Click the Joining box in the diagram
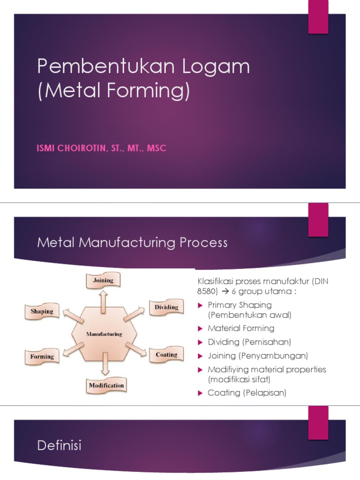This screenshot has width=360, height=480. click(103, 281)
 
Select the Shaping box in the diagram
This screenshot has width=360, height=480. click(42, 311)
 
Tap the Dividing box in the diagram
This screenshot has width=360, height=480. click(166, 307)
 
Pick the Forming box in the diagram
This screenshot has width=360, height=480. click(42, 357)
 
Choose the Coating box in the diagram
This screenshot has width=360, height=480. click(166, 355)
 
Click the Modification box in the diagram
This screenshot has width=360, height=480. click(106, 386)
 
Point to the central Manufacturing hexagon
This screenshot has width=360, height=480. click(104, 334)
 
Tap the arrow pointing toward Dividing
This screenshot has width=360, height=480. click(135, 314)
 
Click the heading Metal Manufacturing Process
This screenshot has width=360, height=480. click(132, 243)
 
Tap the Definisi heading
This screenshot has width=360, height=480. click(59, 445)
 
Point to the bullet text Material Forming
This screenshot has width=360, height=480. click(241, 328)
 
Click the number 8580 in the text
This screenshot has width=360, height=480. click(204, 291)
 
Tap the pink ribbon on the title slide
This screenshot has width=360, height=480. click(318, 17)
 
